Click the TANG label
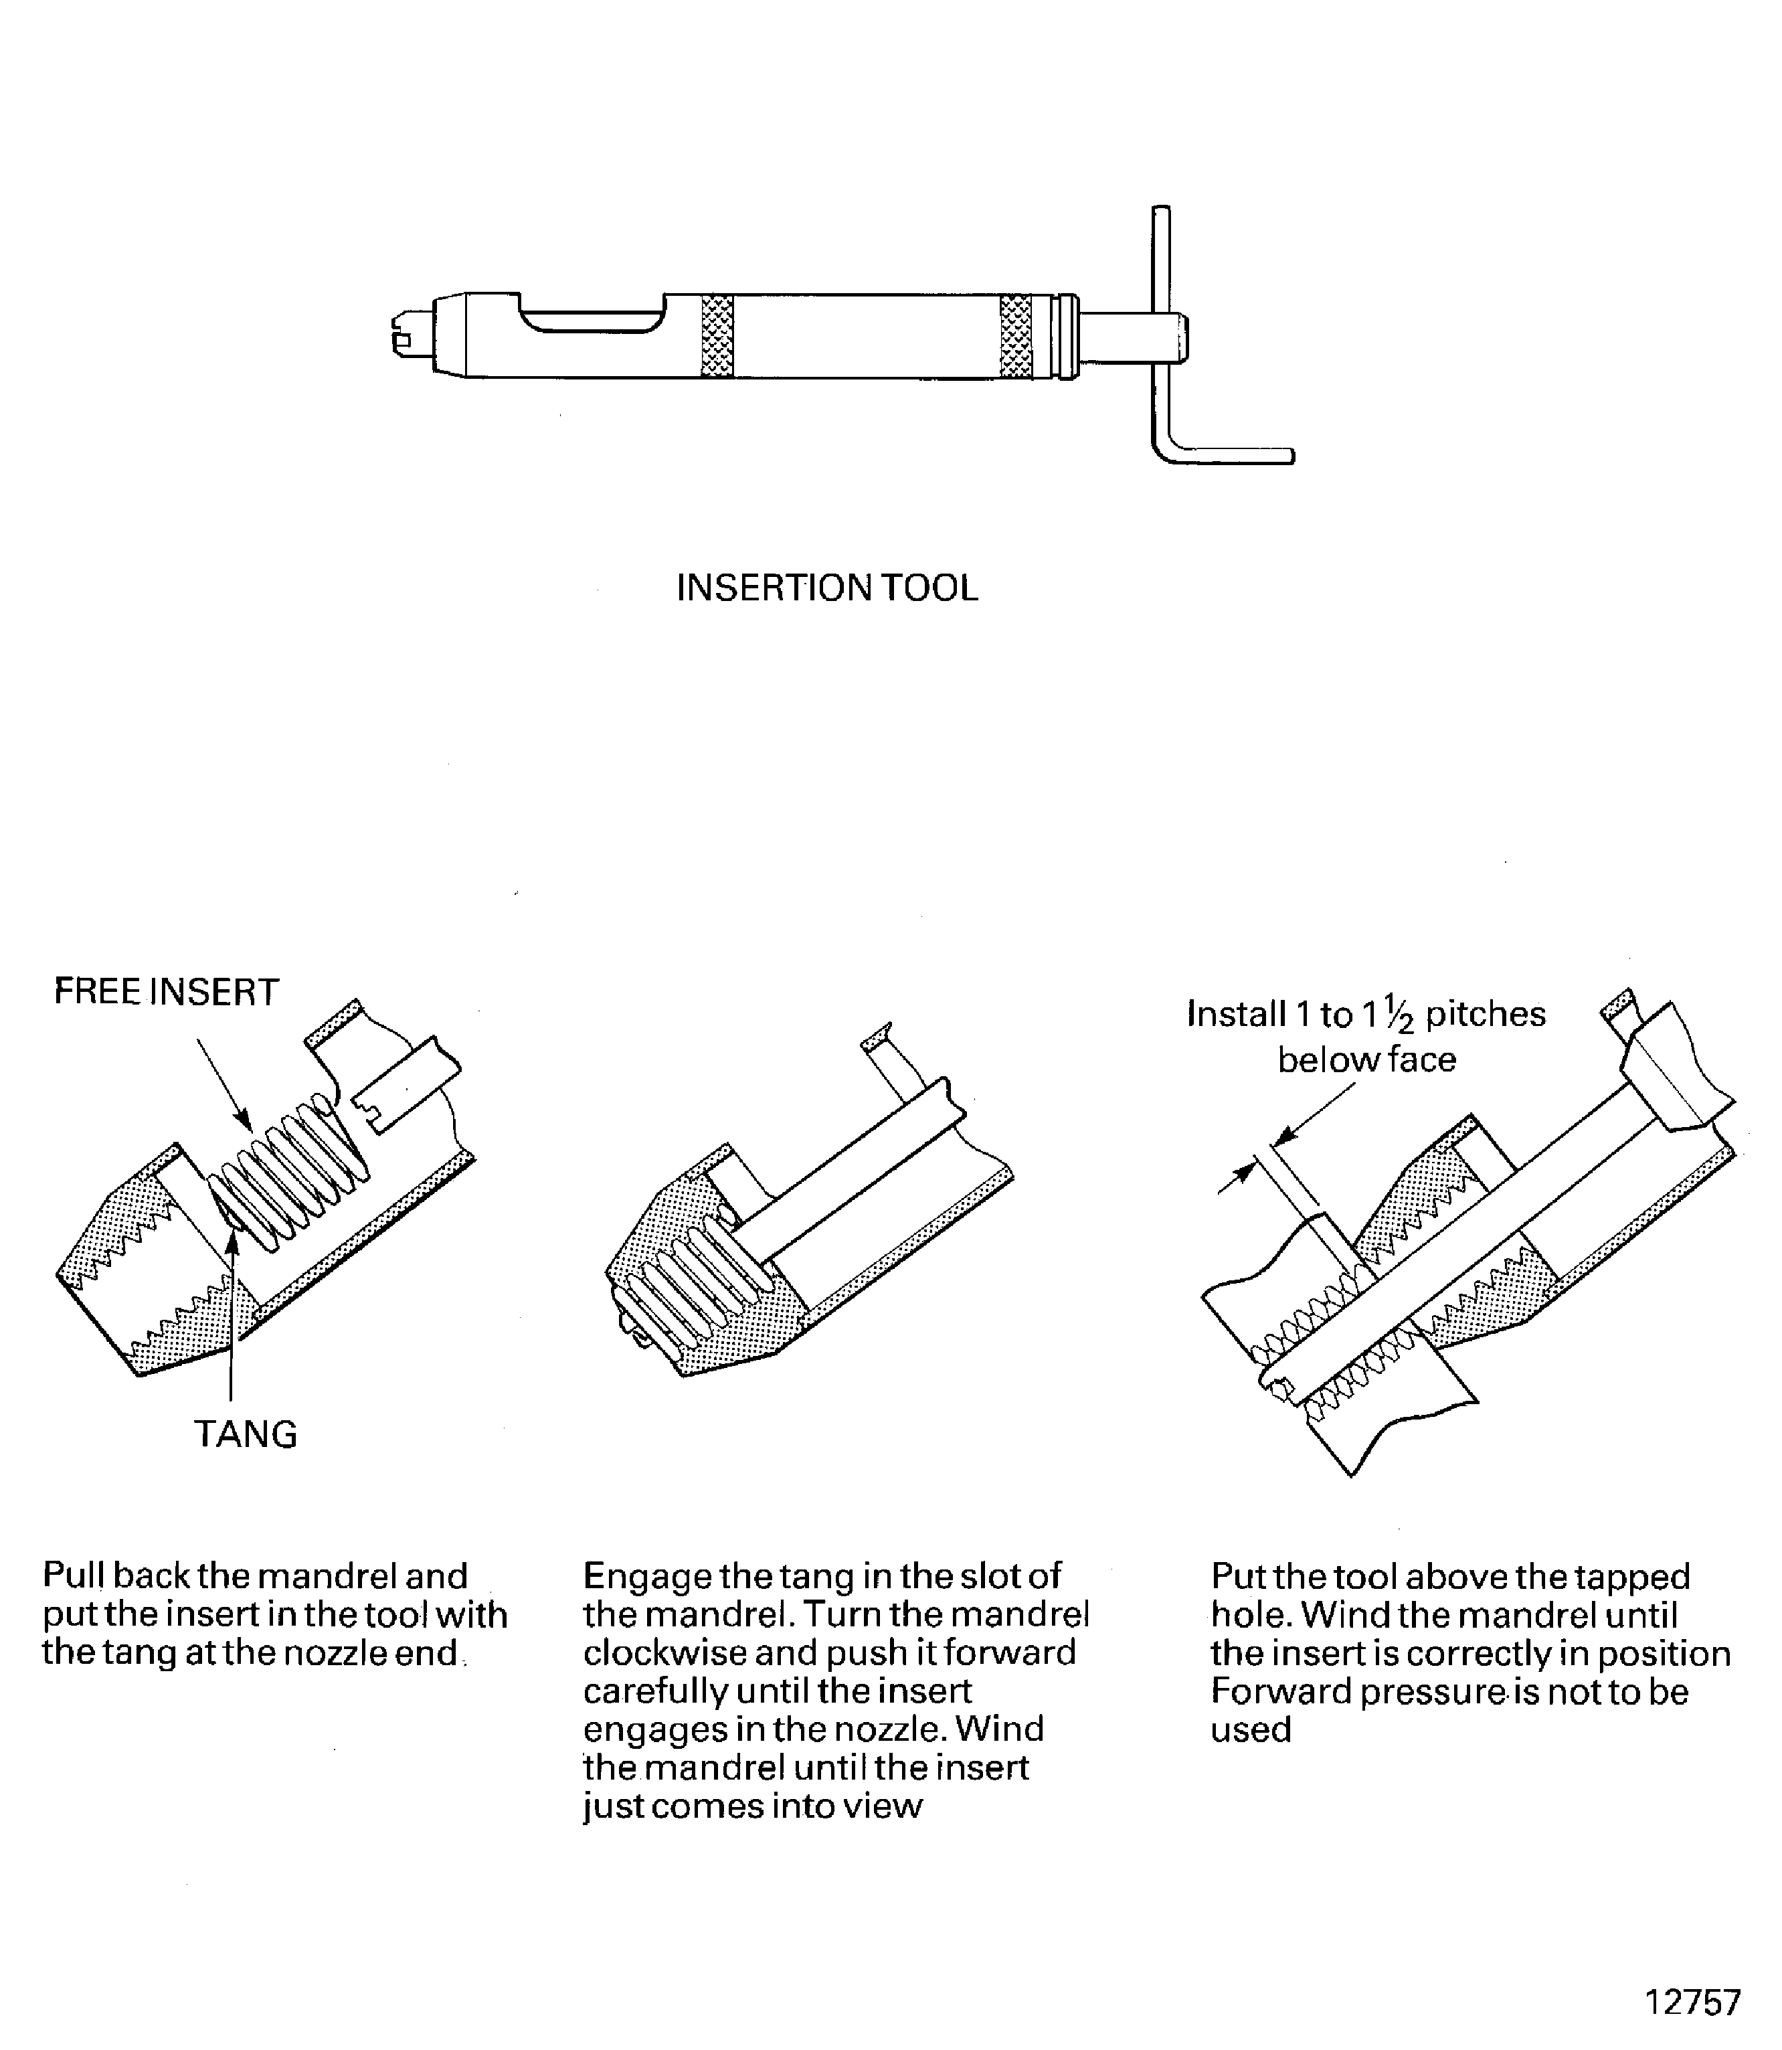(x=246, y=1434)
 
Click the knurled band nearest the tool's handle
(x=1015, y=336)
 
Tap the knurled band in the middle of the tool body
(x=717, y=336)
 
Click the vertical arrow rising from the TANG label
(x=231, y=1313)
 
